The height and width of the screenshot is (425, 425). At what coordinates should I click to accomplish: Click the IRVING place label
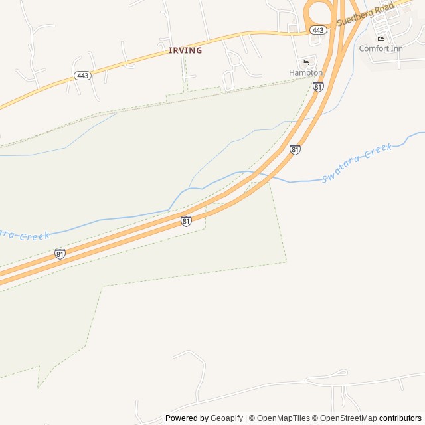pyautogui.click(x=185, y=50)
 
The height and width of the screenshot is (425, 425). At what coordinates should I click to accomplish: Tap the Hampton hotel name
pyautogui.click(x=305, y=72)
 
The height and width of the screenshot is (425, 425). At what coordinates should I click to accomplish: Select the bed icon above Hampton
pyautogui.click(x=305, y=62)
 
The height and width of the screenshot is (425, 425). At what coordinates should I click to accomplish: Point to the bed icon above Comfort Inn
pyautogui.click(x=381, y=39)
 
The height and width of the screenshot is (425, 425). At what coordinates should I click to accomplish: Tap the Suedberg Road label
pyautogui.click(x=365, y=14)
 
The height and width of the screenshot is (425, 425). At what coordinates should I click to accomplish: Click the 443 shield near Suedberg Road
pyautogui.click(x=318, y=30)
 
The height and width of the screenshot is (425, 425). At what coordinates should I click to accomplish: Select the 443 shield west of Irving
pyautogui.click(x=83, y=76)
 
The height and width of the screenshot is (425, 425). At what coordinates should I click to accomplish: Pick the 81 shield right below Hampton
pyautogui.click(x=318, y=86)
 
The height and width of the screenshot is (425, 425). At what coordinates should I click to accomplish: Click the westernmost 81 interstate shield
pyautogui.click(x=60, y=254)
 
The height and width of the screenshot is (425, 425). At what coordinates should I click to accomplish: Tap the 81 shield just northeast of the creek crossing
pyautogui.click(x=295, y=150)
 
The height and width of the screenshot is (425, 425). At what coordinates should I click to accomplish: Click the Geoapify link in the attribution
pyautogui.click(x=227, y=418)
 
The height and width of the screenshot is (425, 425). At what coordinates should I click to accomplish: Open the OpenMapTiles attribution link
pyautogui.click(x=283, y=418)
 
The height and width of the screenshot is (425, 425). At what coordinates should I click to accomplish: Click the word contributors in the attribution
pyautogui.click(x=400, y=418)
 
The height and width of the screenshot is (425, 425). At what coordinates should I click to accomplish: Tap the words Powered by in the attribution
pyautogui.click(x=187, y=418)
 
